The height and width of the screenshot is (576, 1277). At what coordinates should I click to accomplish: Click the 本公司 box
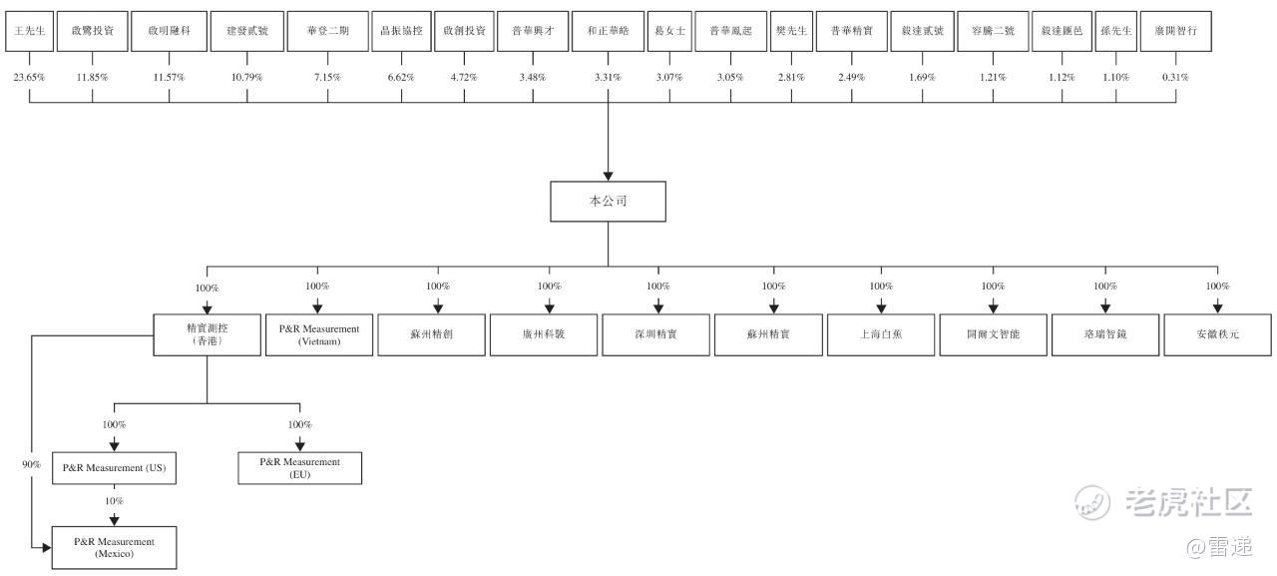608,201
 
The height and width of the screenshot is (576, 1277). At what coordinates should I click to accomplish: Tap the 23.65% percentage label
28,77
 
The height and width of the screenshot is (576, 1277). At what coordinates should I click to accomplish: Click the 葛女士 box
668,31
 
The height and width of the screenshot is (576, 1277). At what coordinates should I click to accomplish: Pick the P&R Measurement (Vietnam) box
319,334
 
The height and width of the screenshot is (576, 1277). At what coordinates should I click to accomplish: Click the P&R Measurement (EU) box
299,467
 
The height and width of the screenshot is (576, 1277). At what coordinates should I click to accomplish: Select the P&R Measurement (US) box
114,467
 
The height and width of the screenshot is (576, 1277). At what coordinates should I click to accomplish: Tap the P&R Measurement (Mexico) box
114,547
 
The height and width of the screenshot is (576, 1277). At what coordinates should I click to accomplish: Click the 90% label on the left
31,464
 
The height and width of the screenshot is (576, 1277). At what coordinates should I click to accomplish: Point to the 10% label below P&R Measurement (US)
114,501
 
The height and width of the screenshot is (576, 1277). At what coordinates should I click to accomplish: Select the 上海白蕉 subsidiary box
881,334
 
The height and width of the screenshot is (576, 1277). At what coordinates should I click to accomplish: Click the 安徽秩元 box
1217,334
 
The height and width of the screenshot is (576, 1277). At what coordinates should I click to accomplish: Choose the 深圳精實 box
657,334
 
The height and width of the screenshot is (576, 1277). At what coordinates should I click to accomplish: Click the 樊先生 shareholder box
791,31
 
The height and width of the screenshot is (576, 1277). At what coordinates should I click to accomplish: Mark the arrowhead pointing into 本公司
608,176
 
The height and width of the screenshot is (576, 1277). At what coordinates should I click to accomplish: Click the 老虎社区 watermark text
1187,502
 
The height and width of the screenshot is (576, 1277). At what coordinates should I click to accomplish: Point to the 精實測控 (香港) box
207,334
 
